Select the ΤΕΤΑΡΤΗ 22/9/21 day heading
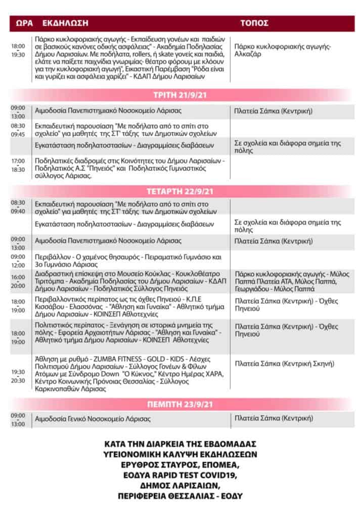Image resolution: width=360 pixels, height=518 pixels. [x=179, y=192]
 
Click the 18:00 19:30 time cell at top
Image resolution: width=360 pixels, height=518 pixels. [x=18, y=51]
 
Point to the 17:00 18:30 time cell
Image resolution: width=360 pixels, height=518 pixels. [x=18, y=165]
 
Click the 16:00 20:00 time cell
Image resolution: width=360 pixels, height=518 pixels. [x=18, y=281]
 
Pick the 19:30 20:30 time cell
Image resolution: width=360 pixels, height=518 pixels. [x=18, y=376]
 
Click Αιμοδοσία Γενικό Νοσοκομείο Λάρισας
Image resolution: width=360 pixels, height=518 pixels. [x=100, y=419]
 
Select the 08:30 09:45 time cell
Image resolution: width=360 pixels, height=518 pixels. [x=18, y=129]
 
